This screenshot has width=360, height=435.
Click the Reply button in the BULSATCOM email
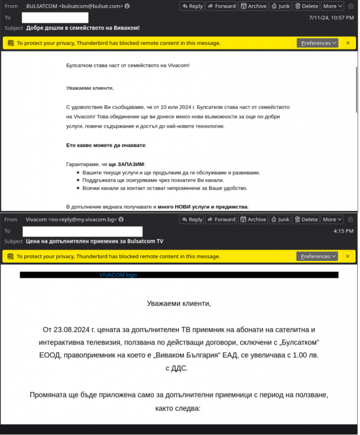192,6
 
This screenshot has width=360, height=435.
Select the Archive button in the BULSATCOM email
253,6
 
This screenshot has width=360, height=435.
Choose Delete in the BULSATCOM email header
307,6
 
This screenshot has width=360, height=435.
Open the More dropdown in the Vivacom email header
332,220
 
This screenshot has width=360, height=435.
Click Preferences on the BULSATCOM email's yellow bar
317,43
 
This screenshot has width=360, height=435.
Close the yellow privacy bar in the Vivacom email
348,256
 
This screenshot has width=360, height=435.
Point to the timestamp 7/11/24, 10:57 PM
332,17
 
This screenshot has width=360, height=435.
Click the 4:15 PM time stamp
343,231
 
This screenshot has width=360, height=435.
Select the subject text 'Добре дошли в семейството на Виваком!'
83,28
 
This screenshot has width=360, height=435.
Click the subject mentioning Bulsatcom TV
95,241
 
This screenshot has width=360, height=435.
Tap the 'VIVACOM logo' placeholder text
118,275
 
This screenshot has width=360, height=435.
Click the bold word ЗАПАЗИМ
131,164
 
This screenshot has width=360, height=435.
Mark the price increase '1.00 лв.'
305,355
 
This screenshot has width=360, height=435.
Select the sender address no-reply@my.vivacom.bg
84,220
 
